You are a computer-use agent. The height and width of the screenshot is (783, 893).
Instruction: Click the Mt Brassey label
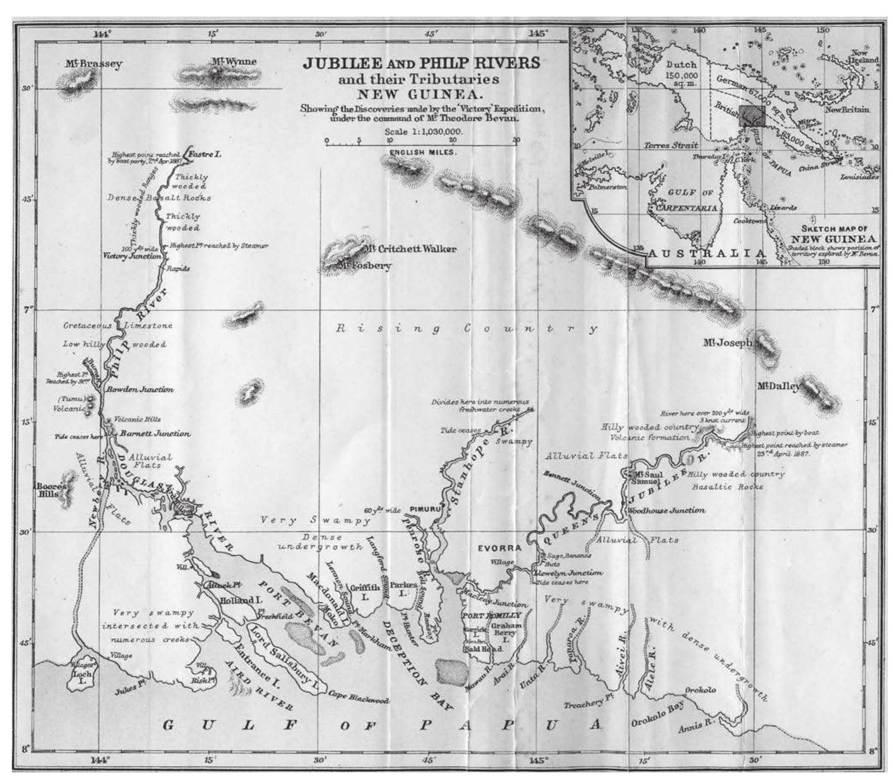pos(94,64)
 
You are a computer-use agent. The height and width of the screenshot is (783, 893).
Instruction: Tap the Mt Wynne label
pos(234,62)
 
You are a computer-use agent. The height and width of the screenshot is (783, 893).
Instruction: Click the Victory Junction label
pos(131,256)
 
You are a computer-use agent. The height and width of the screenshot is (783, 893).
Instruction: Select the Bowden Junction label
pos(140,389)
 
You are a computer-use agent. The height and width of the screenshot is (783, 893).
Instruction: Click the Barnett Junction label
pos(155,434)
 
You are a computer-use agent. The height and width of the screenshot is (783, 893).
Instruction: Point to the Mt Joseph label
pos(727,343)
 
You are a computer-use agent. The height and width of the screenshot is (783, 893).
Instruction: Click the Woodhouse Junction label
pos(666,510)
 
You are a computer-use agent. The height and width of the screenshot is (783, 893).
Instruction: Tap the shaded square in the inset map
pos(752,116)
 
